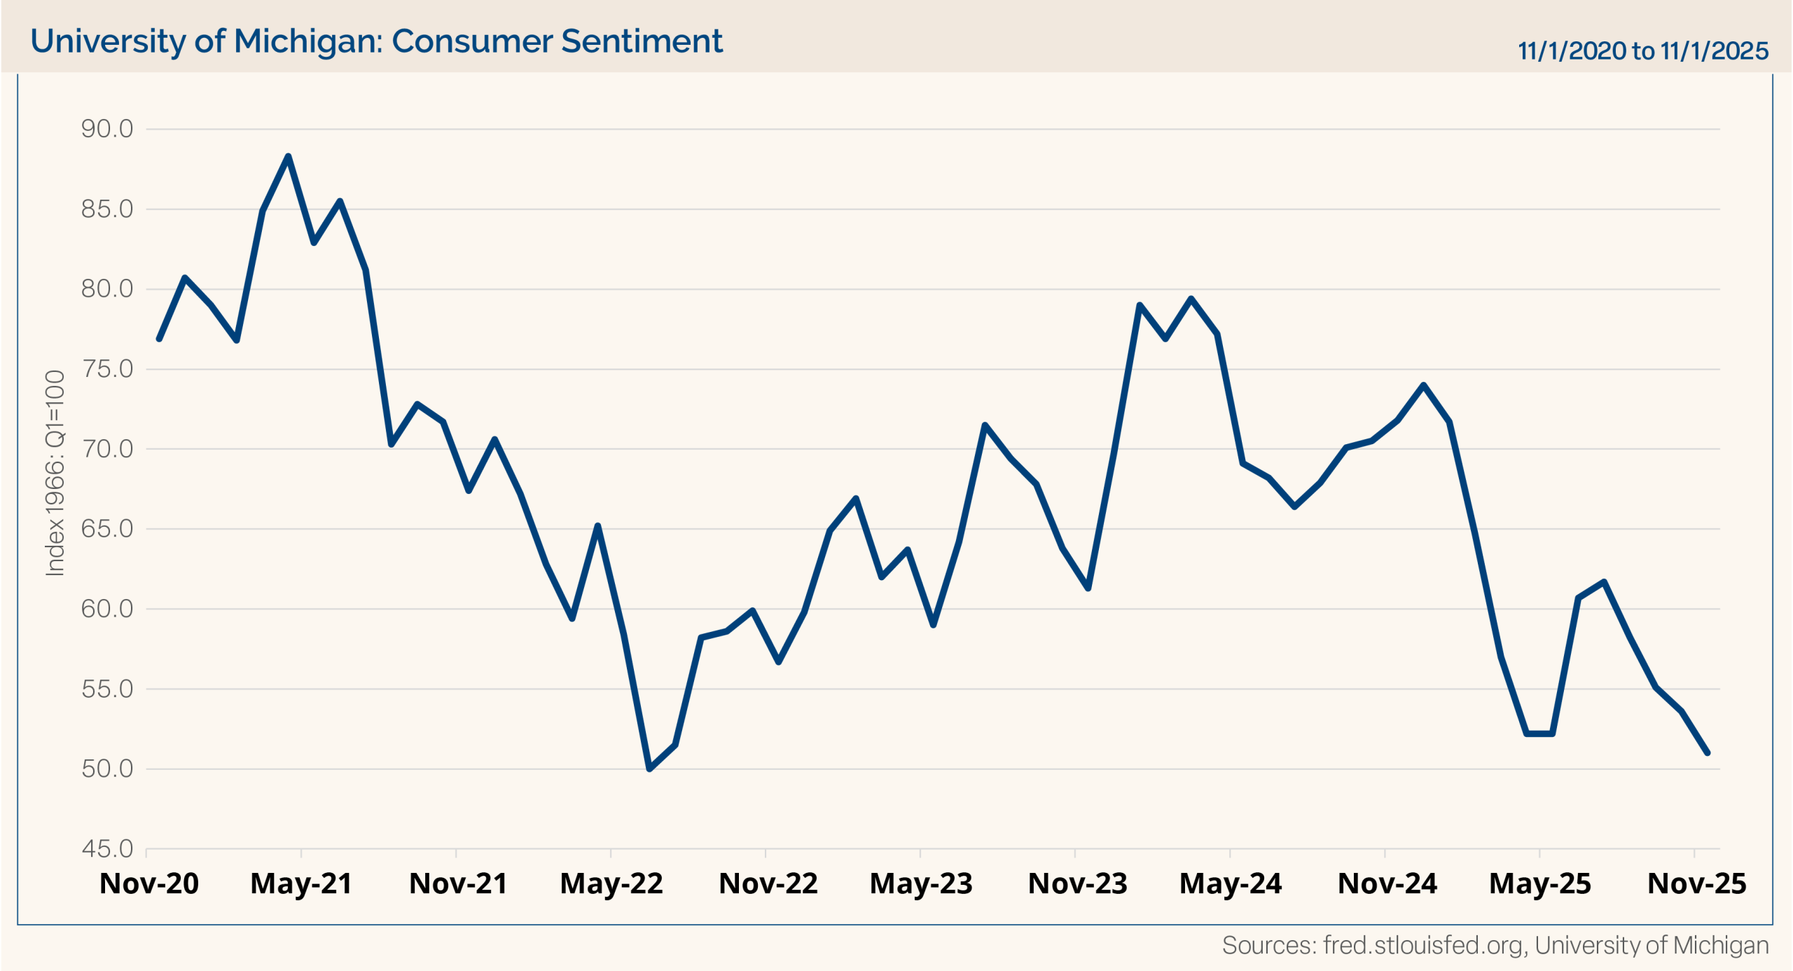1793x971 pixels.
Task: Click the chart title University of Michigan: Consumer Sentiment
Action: [x=376, y=41]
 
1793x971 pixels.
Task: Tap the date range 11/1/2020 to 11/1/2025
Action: [x=1642, y=50]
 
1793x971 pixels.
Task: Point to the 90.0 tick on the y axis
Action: [x=107, y=129]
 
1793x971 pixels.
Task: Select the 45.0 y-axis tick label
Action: [x=107, y=848]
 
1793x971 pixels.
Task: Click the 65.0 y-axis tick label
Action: [x=107, y=529]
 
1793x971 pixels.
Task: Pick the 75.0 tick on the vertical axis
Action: [x=107, y=369]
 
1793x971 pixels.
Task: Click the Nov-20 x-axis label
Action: [x=149, y=883]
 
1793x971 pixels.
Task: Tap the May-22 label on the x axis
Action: [x=611, y=883]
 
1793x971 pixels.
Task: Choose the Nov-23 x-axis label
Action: [x=1077, y=883]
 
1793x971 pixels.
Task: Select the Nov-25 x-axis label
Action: [x=1696, y=883]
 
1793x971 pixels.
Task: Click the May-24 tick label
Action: [x=1231, y=883]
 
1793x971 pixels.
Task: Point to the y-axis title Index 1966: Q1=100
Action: [x=55, y=474]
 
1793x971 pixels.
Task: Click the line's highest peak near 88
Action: [x=288, y=156]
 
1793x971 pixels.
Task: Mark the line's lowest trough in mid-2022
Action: [x=649, y=769]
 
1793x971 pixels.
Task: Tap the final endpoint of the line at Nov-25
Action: [x=1708, y=752]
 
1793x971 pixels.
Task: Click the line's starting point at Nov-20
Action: [x=159, y=339]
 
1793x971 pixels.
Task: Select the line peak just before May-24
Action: [x=1191, y=299]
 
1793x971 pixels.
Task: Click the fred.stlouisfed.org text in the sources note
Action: [x=1422, y=945]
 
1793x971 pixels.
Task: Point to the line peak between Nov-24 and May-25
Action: [x=1423, y=385]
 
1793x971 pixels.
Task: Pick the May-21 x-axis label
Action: [x=301, y=883]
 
